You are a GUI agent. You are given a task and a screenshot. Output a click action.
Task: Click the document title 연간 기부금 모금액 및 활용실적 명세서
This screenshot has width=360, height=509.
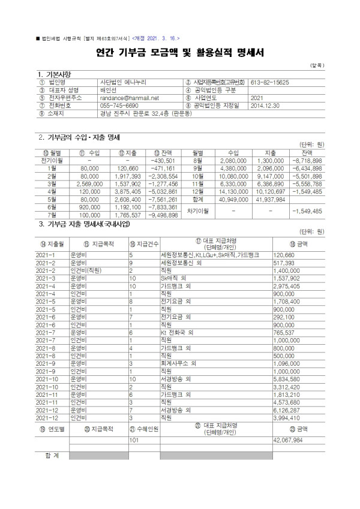[179, 53]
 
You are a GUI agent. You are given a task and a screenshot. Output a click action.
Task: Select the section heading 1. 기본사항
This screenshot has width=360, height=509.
[55, 73]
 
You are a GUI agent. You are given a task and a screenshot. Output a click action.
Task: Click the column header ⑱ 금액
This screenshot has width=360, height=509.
[298, 244]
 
